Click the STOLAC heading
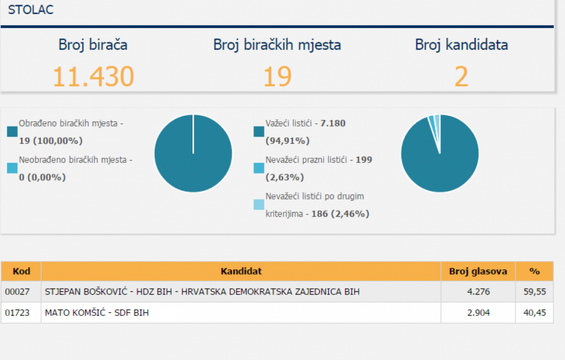point(31,10)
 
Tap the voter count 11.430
point(93,77)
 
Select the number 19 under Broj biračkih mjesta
point(276,77)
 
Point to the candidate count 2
point(461,77)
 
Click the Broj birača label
point(93,45)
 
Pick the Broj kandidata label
point(461,45)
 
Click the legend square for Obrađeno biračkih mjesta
point(12,131)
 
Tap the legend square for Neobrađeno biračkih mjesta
point(12,168)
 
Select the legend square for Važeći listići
point(259,131)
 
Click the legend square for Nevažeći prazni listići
point(259,168)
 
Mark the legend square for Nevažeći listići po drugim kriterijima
point(259,205)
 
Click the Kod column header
point(21,271)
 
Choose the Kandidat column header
point(241,271)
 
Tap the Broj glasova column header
point(478,271)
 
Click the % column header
point(534,271)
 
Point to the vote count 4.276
point(478,292)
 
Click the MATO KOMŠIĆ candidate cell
point(97,313)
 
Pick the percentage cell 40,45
point(534,313)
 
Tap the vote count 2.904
point(478,313)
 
